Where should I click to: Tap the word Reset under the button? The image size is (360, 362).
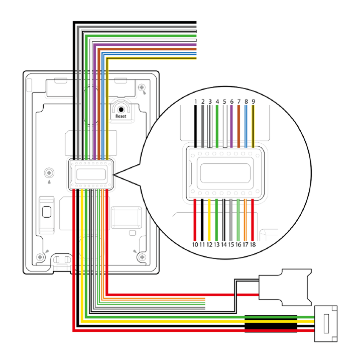tap(121, 116)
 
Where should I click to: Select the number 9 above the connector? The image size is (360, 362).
tap(254, 102)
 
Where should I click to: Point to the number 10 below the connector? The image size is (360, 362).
tap(195, 244)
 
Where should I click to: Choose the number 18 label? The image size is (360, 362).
tap(253, 244)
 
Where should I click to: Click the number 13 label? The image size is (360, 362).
tap(217, 244)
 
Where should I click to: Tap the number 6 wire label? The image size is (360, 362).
tap(231, 102)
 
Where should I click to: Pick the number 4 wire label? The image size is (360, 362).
tap(217, 102)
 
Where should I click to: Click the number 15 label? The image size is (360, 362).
tap(231, 244)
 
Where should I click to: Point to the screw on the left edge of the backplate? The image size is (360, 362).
tap(49, 173)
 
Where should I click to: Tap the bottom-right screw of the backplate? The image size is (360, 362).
tap(143, 258)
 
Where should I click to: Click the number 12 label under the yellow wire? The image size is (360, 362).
tap(209, 244)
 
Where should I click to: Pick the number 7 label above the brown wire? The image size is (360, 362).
tap(239, 102)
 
